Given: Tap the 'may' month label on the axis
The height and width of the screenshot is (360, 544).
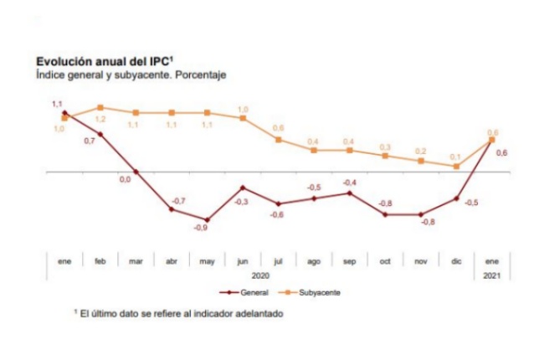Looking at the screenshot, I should point(207,261).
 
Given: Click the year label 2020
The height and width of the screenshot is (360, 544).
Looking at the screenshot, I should point(260,275).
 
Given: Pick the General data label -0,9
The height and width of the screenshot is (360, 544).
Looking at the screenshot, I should point(200,228).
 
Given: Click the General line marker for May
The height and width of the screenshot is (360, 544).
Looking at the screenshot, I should point(207,220).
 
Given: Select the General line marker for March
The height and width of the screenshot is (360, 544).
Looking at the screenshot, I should point(136,172).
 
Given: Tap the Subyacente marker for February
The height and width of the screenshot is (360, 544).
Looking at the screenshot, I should point(100,107).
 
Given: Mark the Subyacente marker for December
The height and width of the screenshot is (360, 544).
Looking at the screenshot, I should point(456,166).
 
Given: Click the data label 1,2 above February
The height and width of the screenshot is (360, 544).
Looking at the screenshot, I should point(101,121).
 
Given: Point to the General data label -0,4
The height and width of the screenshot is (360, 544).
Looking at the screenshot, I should point(349,182).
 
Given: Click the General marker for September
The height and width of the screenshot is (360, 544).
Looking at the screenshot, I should point(350,193).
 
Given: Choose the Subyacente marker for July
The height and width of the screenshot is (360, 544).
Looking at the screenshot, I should point(279,140).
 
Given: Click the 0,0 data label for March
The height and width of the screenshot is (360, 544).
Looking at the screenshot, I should point(126,179).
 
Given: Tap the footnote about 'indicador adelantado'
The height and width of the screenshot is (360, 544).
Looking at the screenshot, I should point(179,314).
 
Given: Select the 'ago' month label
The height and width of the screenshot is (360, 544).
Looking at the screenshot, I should point(314,261).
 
